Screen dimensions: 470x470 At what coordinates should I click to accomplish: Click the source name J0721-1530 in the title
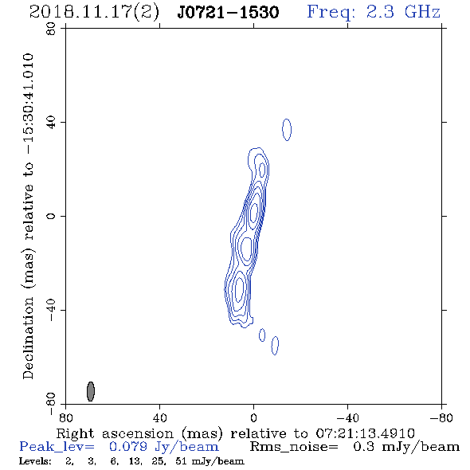pos(228,13)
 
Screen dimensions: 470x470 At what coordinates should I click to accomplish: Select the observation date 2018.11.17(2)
pos(94,13)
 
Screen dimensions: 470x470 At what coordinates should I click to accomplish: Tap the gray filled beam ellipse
pos(91,391)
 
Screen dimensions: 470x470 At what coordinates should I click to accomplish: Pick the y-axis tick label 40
pos(51,123)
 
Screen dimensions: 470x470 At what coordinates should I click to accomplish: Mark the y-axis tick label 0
pos(51,216)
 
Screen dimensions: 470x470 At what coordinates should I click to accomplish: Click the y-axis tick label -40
pos(51,310)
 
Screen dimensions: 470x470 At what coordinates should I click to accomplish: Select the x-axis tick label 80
pos(65,417)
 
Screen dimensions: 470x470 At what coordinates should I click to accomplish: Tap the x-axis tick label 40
pos(159,417)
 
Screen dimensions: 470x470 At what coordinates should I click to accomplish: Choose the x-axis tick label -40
pos(347,417)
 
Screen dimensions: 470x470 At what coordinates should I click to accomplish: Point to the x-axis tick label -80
pos(441,417)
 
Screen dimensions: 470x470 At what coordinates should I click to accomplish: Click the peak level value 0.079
pos(128,447)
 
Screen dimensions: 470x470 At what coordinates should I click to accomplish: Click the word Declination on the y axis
pos(28,338)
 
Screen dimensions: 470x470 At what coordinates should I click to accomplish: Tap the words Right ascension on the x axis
pos(115,434)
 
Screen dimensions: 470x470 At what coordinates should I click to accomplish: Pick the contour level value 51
pos(182,460)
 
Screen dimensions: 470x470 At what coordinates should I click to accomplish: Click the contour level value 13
pos(135,460)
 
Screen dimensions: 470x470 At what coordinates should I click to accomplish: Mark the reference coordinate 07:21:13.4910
pos(365,433)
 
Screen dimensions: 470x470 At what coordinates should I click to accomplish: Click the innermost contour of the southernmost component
pos(235,289)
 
